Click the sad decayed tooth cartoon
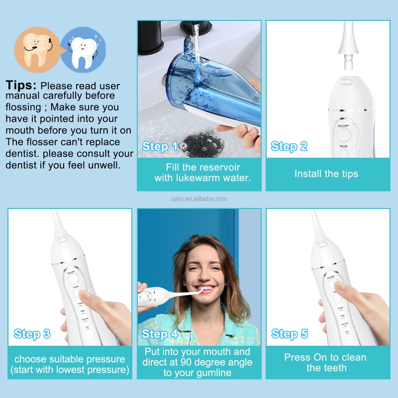coord(33,49)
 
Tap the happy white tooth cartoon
coord(82,49)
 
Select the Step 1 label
coord(160,146)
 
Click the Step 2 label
coord(289,146)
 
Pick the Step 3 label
coord(32,334)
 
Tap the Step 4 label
coord(160,334)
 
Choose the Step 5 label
coord(290,334)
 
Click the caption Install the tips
coord(326,174)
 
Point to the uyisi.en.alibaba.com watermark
coord(199,199)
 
